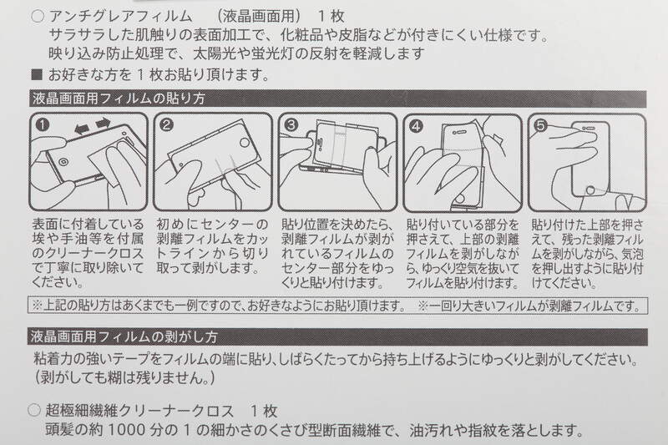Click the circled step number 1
tap(43, 124)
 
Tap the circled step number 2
tap(166, 124)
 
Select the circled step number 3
tap(291, 124)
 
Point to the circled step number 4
tap(416, 126)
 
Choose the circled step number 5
tap(540, 125)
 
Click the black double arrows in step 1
tap(93, 126)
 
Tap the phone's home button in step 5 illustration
tap(590, 190)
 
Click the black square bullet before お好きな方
tap(37, 75)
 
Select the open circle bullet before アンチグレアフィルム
tap(38, 17)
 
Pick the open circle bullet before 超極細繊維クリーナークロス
tap(34, 411)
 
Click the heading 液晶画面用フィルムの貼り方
tap(119, 99)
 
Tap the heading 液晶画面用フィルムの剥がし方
tap(124, 337)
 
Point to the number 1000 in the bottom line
tap(124, 431)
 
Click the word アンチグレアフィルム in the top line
tap(120, 17)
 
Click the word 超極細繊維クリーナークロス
tap(139, 411)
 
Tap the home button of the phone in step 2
tap(245, 143)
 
